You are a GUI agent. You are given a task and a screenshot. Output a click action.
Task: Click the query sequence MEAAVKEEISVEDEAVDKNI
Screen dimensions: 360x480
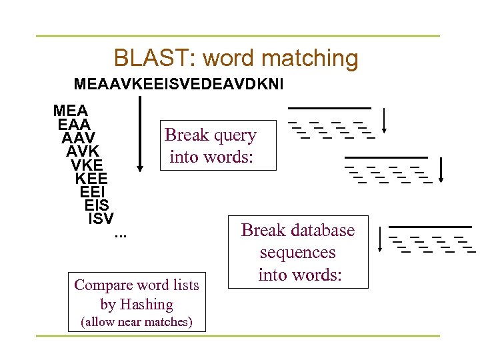pyautogui.click(x=179, y=85)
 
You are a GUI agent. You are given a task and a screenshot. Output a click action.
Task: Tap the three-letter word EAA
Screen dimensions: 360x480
pyautogui.click(x=75, y=125)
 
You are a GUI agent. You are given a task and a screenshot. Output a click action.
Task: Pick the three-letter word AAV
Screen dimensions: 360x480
pyautogui.click(x=78, y=138)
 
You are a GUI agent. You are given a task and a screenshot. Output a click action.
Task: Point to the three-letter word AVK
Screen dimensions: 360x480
pyautogui.click(x=83, y=151)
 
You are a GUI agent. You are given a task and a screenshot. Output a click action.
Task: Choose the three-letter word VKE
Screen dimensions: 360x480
pyautogui.click(x=87, y=165)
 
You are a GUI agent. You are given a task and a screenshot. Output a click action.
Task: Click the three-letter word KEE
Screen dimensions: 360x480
pyautogui.click(x=91, y=178)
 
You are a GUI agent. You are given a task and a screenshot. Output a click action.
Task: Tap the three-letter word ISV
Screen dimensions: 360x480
pyautogui.click(x=101, y=218)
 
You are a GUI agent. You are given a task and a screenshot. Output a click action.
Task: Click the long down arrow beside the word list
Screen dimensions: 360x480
pyautogui.click(x=140, y=134)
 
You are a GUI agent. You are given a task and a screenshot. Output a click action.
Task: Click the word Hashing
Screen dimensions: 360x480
pyautogui.click(x=146, y=305)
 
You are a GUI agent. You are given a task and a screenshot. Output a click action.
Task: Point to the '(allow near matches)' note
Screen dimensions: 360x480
pyautogui.click(x=136, y=323)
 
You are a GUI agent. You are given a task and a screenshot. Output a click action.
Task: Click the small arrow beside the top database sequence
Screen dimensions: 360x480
pyautogui.click(x=386, y=121)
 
